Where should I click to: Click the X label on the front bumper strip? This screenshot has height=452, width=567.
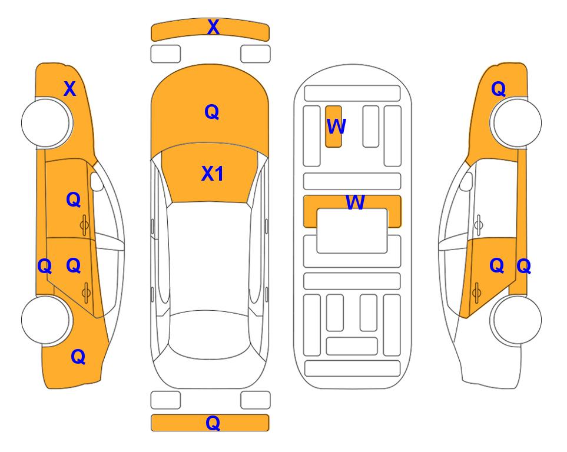pos(213,27)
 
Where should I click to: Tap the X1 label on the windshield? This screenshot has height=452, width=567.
pos(213,174)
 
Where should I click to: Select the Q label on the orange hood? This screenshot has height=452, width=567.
pos(212,112)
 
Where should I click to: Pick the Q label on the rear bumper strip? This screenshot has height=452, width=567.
pos(213,423)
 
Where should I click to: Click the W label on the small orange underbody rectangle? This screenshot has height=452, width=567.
pos(336,127)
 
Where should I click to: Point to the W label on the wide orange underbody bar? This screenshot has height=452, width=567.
pos(355,202)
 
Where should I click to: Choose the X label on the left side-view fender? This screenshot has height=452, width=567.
pos(70,89)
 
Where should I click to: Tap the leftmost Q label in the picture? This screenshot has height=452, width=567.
pos(45,267)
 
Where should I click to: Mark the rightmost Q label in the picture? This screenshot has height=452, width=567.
pos(523,267)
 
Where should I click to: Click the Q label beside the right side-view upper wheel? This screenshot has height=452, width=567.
pos(498,89)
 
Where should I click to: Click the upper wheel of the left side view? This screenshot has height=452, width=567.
pos(46,122)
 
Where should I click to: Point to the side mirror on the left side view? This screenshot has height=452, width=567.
pos(97,181)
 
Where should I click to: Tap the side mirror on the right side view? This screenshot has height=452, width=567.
pos(466,181)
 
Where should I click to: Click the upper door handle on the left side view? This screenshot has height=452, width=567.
pos(84,225)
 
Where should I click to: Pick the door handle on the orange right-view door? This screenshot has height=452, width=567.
pos(476,293)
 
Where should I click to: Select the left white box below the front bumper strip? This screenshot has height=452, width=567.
pos(165,54)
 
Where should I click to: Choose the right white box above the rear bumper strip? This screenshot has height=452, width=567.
pos(256,400)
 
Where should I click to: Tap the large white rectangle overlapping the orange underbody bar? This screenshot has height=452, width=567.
pos(352,231)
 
